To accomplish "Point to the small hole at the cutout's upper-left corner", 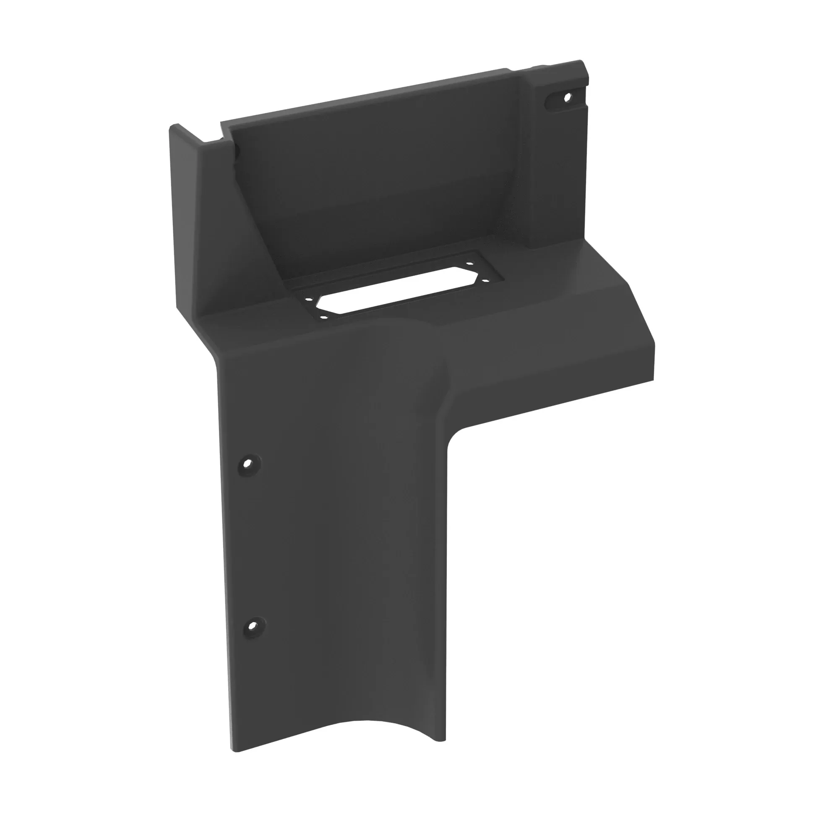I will coord(308,299).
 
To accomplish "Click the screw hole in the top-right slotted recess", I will coord(566,98).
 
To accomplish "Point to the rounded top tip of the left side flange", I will coord(174,127).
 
